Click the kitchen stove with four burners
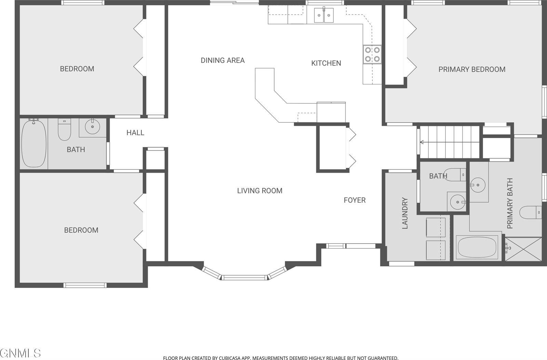coord(372,54)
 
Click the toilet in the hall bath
coord(64,130)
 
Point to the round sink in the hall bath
coord(92,127)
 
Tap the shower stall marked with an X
coord(523,249)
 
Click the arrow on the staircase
coord(423,142)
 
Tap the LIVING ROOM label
coord(259,191)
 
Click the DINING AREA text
coord(223,61)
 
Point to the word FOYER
coord(355,200)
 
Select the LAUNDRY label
coord(405,213)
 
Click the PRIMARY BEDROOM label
coord(472,69)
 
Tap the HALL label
coord(135,133)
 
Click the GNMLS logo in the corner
coord(21,352)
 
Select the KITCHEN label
coord(326,63)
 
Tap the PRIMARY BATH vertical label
coord(510,203)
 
